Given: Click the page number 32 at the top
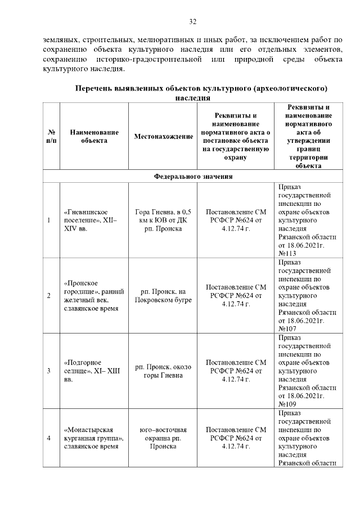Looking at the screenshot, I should [x=192, y=22].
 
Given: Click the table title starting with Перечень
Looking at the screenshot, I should [x=201, y=93].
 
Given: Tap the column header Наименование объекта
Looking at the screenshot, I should [x=94, y=136].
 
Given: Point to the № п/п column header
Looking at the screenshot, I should [x=51, y=136].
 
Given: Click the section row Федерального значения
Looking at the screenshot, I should [x=193, y=176].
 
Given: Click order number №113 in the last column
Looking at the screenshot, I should [x=287, y=254].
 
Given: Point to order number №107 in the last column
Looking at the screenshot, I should [x=287, y=329].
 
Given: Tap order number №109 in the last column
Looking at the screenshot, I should [x=287, y=404].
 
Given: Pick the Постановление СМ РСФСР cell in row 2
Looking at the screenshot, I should [x=236, y=295].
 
